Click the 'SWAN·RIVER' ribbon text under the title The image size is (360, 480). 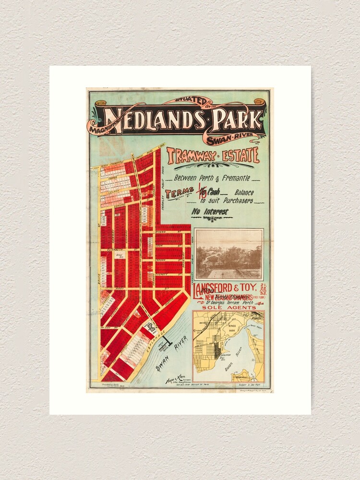235,139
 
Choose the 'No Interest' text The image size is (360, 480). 209,211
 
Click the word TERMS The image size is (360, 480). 176,194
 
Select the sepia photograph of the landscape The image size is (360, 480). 229,254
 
